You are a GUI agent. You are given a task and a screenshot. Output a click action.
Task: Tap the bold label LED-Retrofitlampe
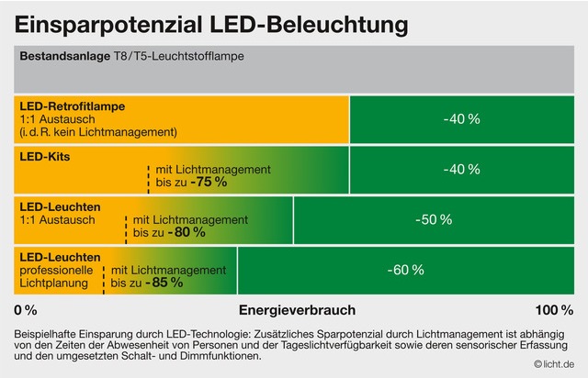[72, 106]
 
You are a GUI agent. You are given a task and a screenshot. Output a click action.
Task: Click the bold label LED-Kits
[45, 157]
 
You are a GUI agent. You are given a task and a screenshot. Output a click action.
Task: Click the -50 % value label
[433, 220]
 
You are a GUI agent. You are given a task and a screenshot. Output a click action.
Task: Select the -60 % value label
[405, 270]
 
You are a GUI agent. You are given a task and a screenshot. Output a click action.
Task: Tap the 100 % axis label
[554, 309]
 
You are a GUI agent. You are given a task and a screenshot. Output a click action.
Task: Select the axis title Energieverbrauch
[297, 309]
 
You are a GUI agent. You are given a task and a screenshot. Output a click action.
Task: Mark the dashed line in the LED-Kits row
[148, 178]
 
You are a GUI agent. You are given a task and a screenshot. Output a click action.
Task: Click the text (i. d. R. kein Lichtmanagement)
[98, 132]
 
